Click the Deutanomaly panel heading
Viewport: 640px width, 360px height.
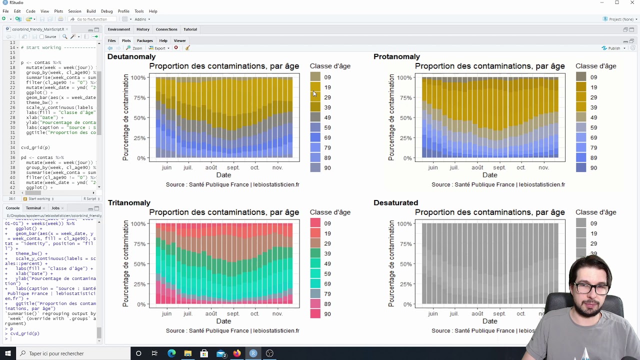[131, 56]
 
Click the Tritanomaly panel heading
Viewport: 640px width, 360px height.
[129, 202]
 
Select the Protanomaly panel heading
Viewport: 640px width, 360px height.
[396, 56]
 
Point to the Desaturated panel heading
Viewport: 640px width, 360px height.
[395, 202]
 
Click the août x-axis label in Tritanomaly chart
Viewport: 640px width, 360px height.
[211, 313]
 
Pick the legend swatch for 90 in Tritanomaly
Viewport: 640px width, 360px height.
[315, 314]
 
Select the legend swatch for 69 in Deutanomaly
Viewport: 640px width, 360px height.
[315, 137]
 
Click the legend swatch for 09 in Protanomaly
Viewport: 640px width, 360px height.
[581, 77]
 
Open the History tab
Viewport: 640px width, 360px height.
[143, 29]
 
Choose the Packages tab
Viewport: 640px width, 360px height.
[144, 40]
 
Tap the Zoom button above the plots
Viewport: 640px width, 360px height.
[134, 48]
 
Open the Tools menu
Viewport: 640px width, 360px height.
[139, 11]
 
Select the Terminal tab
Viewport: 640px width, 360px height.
[33, 208]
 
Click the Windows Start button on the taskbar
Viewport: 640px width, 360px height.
[7, 353]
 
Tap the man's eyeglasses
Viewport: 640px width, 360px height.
[591, 288]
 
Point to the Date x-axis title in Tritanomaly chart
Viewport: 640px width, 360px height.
[223, 321]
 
